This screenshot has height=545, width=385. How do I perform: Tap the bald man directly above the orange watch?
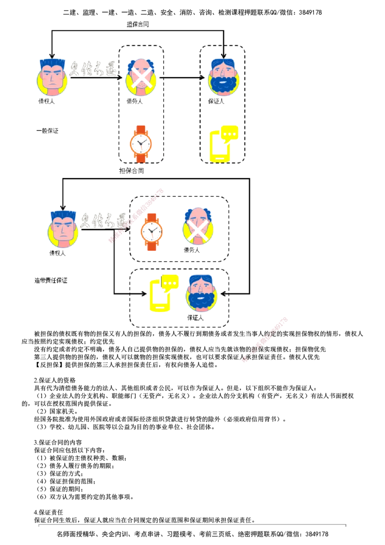[x=141, y=77]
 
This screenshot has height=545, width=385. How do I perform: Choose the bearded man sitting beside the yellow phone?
[x=202, y=293]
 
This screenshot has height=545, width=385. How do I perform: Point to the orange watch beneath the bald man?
[x=141, y=143]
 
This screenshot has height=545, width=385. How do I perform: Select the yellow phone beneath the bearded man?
[x=223, y=144]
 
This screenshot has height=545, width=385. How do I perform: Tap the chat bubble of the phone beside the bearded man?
[x=168, y=283]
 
